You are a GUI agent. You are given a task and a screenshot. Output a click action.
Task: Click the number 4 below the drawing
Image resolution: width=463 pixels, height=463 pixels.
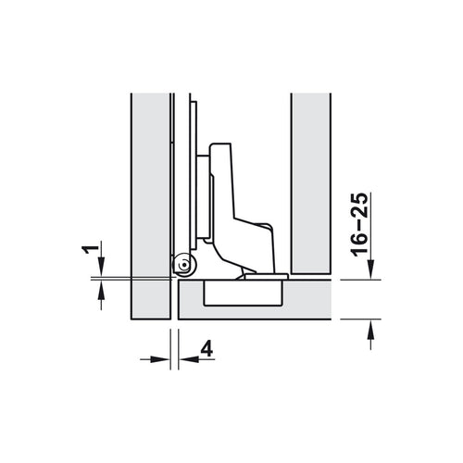(x=207, y=349)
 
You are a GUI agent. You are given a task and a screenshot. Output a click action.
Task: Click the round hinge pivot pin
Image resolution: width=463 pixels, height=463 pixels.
(x=183, y=267)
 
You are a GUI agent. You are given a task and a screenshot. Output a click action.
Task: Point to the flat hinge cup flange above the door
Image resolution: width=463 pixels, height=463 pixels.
(x=264, y=276)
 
